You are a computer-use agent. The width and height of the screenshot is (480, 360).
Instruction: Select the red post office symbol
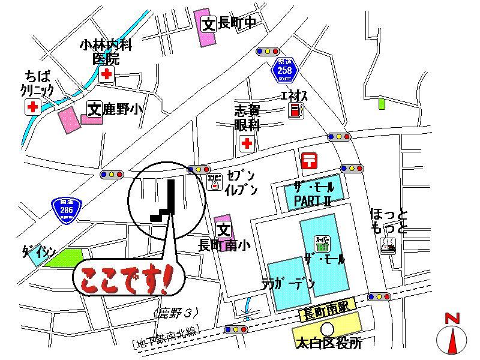pyautogui.click(x=310, y=160)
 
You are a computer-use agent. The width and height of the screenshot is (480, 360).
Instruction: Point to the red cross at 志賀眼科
pyautogui.click(x=246, y=143)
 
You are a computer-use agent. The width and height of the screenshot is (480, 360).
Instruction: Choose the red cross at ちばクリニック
pyautogui.click(x=31, y=107)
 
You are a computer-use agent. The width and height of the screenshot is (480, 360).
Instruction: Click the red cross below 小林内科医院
pyautogui.click(x=107, y=74)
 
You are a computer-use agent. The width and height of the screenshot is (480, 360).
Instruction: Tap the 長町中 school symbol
pyautogui.click(x=208, y=23)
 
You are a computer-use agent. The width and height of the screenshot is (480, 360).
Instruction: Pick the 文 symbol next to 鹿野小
pyautogui.click(x=94, y=109)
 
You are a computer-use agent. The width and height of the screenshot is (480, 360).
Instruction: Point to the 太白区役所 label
pyautogui.click(x=328, y=344)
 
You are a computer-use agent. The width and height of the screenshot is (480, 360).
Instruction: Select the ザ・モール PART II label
pyautogui.click(x=312, y=194)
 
